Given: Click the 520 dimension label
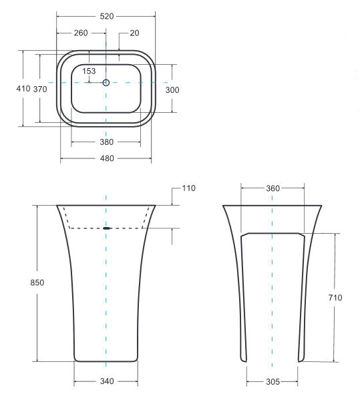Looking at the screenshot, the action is (x=107, y=17).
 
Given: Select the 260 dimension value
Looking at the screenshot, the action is (x=81, y=33).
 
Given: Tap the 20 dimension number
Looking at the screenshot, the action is (x=134, y=33).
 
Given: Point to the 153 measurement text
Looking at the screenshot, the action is (x=89, y=71).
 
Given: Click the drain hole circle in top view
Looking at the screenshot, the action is (x=106, y=83).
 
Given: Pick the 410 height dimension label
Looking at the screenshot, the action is (x=23, y=89).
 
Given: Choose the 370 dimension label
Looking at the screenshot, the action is (x=40, y=89).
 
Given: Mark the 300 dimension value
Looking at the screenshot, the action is (x=172, y=90).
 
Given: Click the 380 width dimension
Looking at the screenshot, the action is (x=107, y=142).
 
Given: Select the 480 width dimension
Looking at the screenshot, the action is (x=107, y=158).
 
